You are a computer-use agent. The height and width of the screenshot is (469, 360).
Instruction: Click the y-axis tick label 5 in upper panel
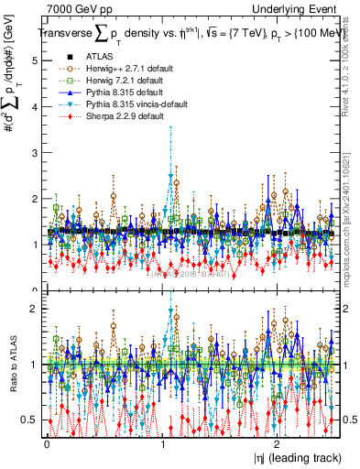[x=34, y=60]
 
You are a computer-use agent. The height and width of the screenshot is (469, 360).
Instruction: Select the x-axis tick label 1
[x=163, y=442]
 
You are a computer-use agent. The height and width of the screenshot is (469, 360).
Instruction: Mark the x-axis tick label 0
[x=47, y=442]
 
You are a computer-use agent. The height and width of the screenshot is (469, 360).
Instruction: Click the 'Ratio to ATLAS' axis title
[x=12, y=365]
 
